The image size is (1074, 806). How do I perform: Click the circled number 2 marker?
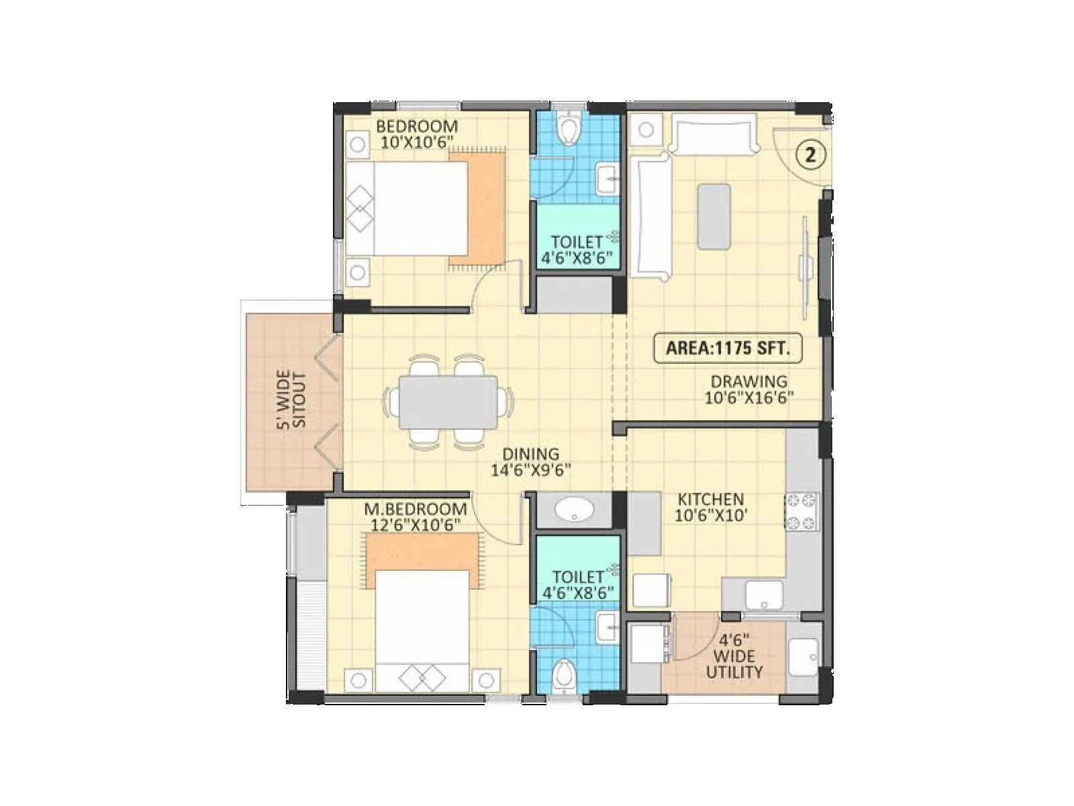coord(810,155)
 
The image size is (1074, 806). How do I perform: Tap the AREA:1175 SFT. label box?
coord(728,348)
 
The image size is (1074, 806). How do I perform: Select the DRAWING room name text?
coord(748,382)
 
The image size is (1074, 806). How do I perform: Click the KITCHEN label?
coord(710,499)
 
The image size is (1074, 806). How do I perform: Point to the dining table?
coord(448,402)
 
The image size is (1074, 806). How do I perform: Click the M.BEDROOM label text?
coord(416,508)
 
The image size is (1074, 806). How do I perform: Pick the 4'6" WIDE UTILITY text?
coord(734,656)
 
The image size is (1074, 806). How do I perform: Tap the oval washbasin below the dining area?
coord(574,508)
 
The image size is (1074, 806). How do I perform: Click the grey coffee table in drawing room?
coord(714,217)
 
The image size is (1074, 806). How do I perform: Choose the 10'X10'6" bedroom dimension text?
coord(417,142)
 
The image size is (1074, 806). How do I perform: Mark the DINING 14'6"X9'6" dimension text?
coord(530,470)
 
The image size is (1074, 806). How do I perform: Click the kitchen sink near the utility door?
coord(764,594)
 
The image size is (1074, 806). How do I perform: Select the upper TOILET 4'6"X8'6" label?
coord(577,249)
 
